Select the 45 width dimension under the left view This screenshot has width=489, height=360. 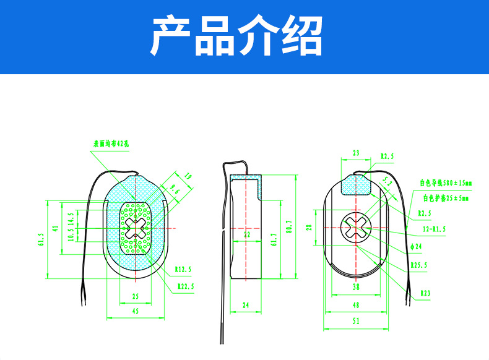(x=135, y=311)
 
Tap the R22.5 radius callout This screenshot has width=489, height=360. (x=186, y=286)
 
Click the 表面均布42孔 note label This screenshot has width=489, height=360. (x=111, y=144)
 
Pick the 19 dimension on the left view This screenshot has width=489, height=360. (x=189, y=178)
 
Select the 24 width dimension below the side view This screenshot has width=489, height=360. (x=246, y=304)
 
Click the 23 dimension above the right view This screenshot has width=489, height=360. (x=355, y=153)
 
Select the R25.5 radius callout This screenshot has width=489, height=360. (x=419, y=265)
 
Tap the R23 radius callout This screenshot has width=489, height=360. (x=425, y=293)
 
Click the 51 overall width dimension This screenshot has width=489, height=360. (x=355, y=322)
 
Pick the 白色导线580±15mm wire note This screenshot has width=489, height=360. (x=446, y=183)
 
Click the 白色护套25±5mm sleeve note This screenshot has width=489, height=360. (x=446, y=199)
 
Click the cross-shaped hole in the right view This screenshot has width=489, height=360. (x=357, y=227)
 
